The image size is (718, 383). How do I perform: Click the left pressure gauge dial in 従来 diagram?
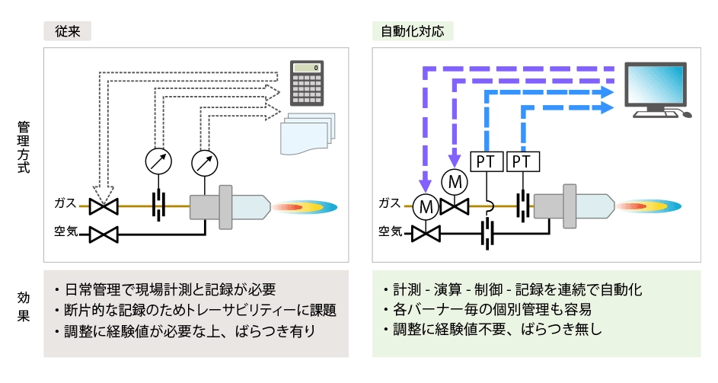[158, 161]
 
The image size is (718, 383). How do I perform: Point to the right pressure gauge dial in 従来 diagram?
[204, 161]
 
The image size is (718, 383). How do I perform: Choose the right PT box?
[523, 161]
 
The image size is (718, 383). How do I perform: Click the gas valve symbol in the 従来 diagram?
[102, 206]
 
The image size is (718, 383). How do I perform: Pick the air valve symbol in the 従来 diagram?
[102, 234]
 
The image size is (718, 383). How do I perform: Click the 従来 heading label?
[68, 30]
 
